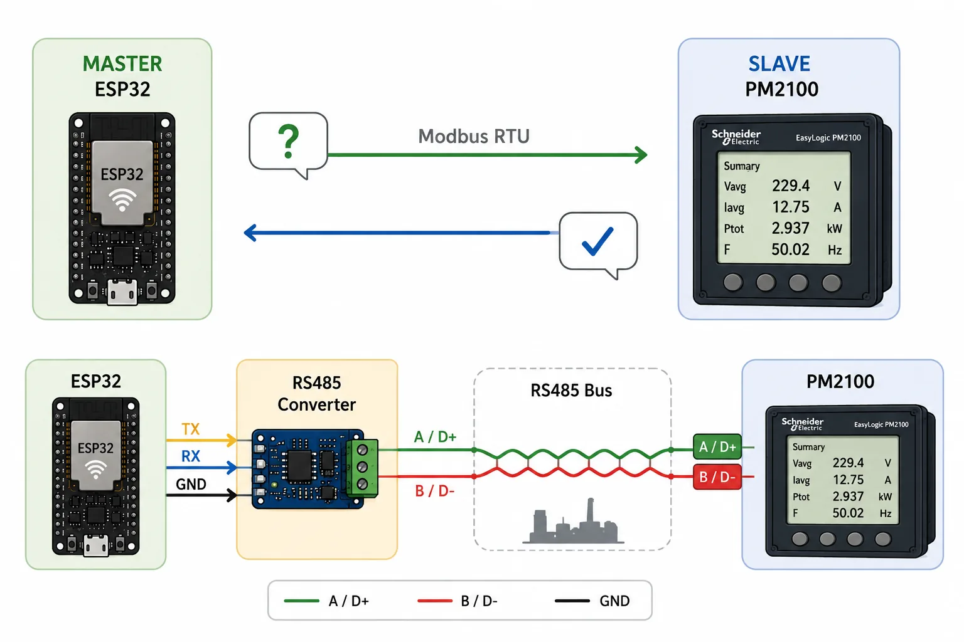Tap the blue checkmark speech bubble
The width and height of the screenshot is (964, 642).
coord(598,244)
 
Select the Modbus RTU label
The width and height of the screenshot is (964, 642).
coord(474,136)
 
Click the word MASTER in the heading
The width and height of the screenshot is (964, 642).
coord(122,64)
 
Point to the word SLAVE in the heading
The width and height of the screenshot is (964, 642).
coord(779,64)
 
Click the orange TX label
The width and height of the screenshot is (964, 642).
coord(191,429)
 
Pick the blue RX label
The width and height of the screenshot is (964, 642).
coord(191,456)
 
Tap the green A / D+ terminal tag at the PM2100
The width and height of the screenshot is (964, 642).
coord(717,447)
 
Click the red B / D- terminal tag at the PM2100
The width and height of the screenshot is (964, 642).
coord(717,477)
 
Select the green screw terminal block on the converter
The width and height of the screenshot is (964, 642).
coord(362,468)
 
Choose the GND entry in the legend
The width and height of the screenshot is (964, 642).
coord(614,601)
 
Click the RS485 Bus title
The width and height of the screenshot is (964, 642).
coord(571,391)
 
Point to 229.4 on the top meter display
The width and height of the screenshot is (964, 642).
coord(791,186)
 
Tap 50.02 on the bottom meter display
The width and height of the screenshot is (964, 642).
coord(848,513)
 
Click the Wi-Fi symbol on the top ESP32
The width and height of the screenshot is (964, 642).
coord(122,200)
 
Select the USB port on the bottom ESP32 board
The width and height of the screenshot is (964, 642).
coord(95,545)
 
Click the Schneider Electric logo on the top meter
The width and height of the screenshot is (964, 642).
coord(736,137)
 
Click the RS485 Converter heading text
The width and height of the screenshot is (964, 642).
coord(317,394)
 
